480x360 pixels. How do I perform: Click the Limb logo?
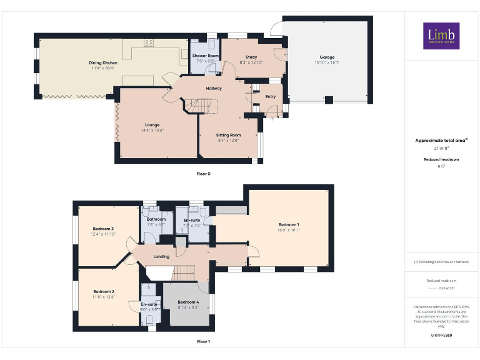[x=441, y=36]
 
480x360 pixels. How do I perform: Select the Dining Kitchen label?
[x=103, y=63]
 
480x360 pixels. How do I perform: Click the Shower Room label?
[x=205, y=56]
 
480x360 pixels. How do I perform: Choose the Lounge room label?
[x=152, y=125]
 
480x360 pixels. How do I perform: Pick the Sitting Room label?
[x=228, y=135]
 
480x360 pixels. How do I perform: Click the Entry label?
[x=271, y=96]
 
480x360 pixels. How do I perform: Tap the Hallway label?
[x=214, y=88]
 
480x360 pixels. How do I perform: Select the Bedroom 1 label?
[x=289, y=225]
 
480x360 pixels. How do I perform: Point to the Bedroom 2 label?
[x=104, y=292]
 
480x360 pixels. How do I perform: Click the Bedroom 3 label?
[x=104, y=229]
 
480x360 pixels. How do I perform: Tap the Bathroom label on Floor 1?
[x=156, y=219]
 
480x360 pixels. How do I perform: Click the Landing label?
[x=162, y=256]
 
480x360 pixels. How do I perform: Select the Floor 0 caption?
[x=203, y=173]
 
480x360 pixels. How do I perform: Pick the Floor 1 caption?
[x=203, y=342]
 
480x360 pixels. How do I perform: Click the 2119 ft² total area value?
[x=441, y=149]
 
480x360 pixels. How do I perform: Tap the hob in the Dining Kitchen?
[x=149, y=42]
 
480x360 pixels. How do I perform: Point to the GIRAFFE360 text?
[x=441, y=336]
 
